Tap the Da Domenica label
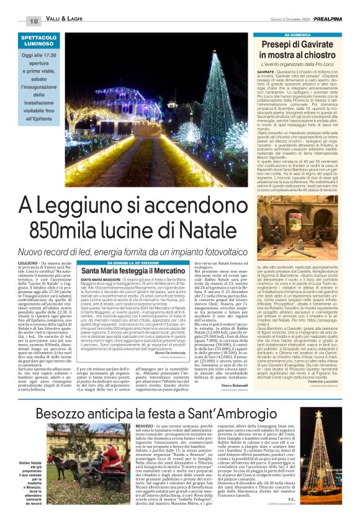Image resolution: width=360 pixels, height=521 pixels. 304,35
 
